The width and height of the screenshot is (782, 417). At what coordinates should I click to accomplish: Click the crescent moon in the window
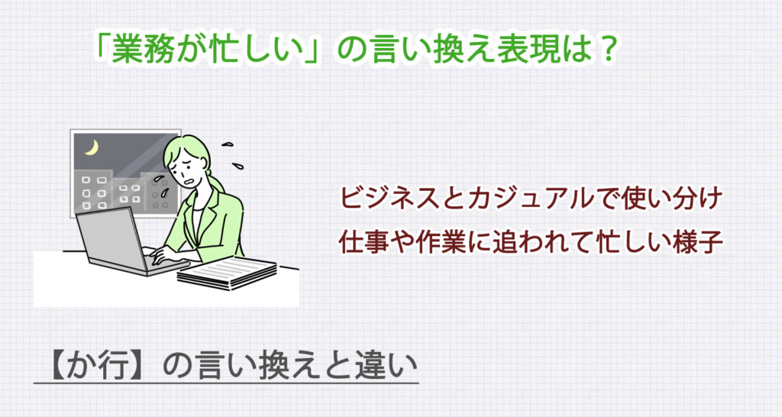92,147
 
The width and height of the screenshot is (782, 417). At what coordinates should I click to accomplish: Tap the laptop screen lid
111,238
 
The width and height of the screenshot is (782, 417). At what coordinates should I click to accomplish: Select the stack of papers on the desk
227,273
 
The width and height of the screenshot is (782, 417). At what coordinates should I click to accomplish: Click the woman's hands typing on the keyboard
164,254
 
